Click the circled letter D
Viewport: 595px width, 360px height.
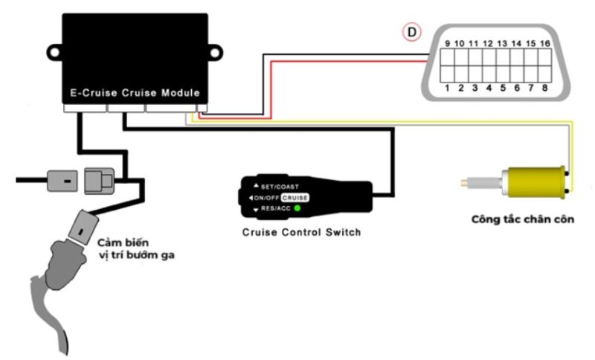(x=410, y=32)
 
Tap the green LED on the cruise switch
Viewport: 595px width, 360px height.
(x=297, y=208)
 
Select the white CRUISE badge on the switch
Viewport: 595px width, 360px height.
(x=295, y=198)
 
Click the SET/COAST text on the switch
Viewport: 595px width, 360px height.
(x=279, y=186)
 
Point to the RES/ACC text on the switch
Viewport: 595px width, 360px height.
(x=275, y=209)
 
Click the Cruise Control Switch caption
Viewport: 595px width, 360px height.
(x=301, y=232)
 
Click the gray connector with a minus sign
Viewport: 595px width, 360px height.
(x=62, y=180)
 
